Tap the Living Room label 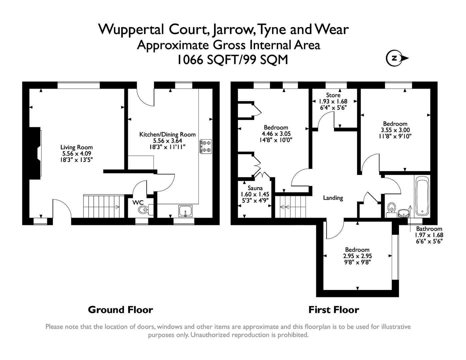click(x=76, y=147)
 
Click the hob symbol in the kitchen click(x=205, y=147)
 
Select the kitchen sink click(x=185, y=211)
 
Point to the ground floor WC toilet click(x=144, y=210)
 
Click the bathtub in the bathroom click(x=422, y=195)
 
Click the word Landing click(x=333, y=198)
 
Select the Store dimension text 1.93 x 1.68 click(x=333, y=102)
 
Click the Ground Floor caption click(x=120, y=310)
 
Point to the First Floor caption click(x=334, y=310)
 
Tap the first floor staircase click(x=292, y=207)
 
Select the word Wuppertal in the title click(x=131, y=29)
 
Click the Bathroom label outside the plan click(x=429, y=229)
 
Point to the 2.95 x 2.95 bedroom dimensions click(x=357, y=256)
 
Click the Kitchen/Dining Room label click(x=167, y=135)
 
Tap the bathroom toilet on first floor click(x=391, y=208)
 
